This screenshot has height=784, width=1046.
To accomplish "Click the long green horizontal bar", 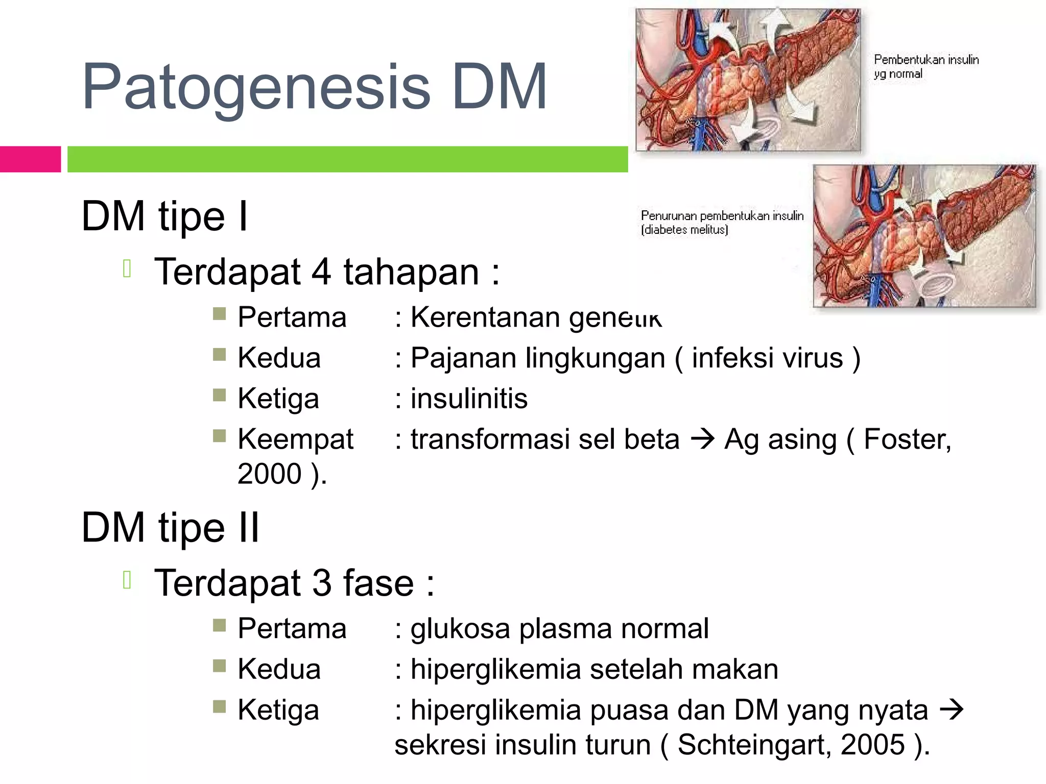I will click(347, 159).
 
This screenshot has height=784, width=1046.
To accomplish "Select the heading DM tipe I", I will click(164, 216).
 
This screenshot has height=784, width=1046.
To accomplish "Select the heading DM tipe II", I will click(170, 528).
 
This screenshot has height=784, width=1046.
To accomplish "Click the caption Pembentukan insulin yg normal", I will click(925, 66).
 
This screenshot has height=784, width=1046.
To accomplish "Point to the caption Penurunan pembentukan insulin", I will click(721, 222).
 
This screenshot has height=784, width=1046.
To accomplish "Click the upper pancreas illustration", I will click(748, 80).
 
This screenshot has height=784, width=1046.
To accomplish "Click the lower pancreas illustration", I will click(924, 236).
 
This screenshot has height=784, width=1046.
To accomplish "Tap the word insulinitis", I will click(469, 399).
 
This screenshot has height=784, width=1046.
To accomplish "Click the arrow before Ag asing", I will click(702, 439).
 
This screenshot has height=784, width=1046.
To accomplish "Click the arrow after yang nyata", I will click(951, 709).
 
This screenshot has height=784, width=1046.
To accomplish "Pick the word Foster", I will click(907, 439).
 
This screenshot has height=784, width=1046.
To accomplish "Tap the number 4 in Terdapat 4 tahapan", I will click(321, 272).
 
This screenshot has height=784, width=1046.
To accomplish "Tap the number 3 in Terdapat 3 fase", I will click(321, 583).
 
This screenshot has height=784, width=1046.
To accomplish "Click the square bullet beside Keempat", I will click(219, 435).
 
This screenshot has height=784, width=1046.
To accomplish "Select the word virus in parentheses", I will click(813, 358).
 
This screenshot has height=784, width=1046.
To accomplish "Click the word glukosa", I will click(460, 629).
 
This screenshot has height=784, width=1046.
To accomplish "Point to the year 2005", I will click(872, 745).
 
